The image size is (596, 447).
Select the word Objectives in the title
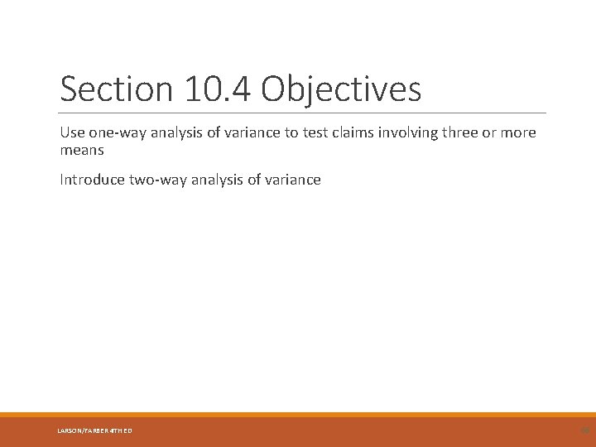341,89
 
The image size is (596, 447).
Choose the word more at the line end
518,132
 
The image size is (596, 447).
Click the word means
82,151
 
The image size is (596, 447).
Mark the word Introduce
92,180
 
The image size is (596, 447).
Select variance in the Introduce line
291,180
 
